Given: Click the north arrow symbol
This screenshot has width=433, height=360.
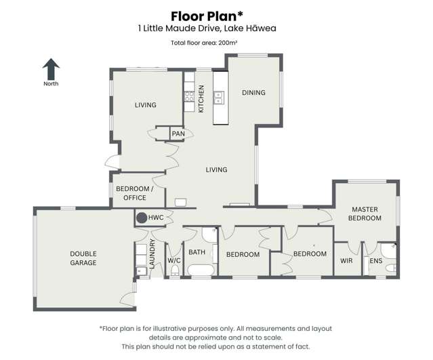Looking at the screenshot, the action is click(x=51, y=69).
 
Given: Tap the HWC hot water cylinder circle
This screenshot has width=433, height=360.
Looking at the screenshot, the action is click(x=142, y=218).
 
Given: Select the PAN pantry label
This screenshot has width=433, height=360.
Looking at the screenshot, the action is click(x=178, y=134).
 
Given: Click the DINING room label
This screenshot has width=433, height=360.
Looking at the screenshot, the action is click(x=253, y=93).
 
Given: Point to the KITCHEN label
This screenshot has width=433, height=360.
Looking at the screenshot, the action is click(x=201, y=98).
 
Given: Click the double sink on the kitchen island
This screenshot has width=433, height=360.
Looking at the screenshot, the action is click(x=220, y=97).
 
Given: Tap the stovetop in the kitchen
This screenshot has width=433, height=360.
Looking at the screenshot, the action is click(x=190, y=97).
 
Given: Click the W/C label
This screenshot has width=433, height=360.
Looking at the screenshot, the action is click(x=174, y=260).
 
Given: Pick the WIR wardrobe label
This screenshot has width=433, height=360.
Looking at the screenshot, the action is click(x=346, y=260).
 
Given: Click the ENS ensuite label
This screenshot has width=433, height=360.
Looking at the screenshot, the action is click(x=376, y=260).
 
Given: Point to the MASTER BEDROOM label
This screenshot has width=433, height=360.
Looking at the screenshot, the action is click(x=365, y=214).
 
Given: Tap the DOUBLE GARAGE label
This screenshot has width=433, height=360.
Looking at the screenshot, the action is click(x=83, y=258).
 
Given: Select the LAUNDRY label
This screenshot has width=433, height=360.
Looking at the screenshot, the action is click(x=152, y=254).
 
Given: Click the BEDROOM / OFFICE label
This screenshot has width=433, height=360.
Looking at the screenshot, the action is click(x=134, y=193).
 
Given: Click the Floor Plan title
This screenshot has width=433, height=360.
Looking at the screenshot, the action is click(x=207, y=16).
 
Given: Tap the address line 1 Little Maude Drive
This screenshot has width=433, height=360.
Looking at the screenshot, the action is click(x=207, y=28).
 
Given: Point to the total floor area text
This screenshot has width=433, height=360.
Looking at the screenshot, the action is click(x=205, y=43).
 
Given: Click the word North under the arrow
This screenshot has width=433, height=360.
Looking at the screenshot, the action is click(x=51, y=83).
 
